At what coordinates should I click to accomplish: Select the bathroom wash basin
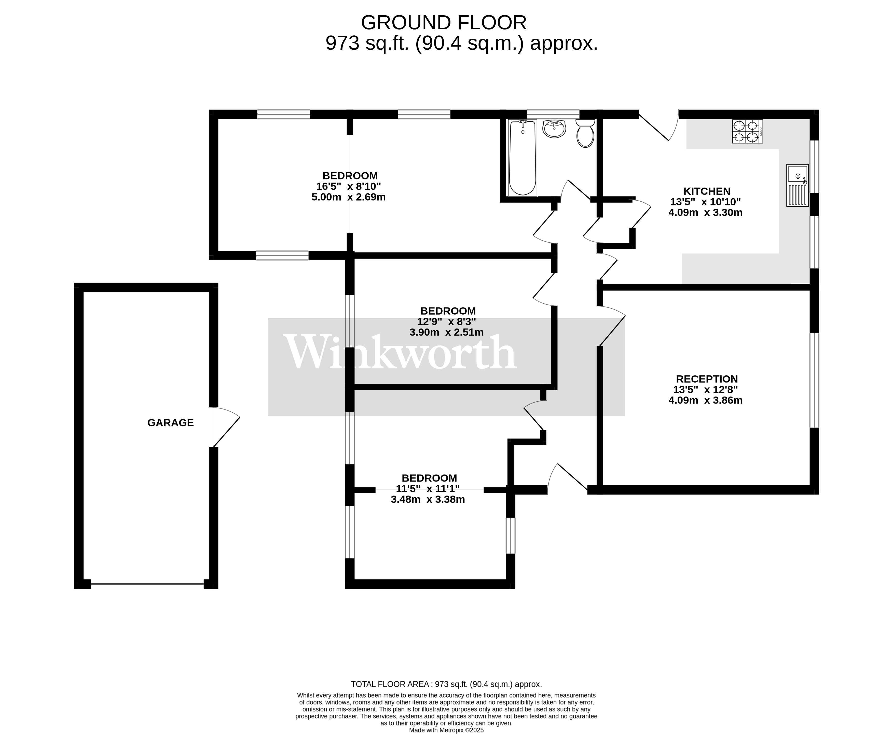554,129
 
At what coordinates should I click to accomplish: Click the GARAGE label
171,423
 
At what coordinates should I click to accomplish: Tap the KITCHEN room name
706,191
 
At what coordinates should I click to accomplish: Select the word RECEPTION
706,379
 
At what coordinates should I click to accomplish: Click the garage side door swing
225,425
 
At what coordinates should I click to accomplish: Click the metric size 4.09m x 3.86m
705,400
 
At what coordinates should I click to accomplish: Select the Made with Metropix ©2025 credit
446,730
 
